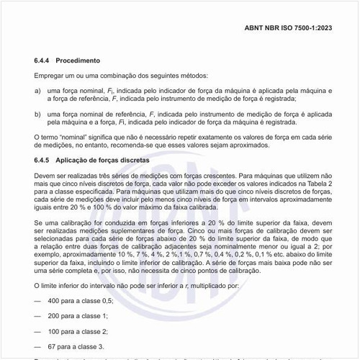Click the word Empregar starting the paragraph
point(50,76)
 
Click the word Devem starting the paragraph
point(45,174)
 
